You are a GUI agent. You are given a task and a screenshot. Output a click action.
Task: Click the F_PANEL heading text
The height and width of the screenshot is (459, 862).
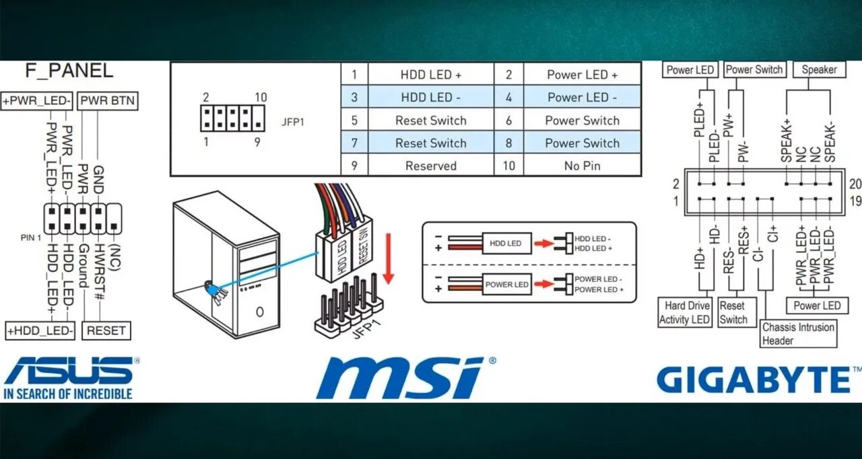[69, 71]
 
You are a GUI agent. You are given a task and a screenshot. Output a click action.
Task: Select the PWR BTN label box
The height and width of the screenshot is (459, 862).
[108, 102]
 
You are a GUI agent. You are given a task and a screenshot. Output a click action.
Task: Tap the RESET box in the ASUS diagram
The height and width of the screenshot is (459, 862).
[106, 330]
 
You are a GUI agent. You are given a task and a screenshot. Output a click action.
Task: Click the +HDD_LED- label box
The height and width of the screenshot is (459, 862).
[40, 330]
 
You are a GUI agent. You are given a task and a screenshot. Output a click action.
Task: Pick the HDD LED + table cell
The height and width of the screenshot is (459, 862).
[431, 75]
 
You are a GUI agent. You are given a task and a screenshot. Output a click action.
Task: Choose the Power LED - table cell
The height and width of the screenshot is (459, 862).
[582, 98]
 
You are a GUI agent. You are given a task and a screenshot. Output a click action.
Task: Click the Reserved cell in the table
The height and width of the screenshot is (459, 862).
[431, 166]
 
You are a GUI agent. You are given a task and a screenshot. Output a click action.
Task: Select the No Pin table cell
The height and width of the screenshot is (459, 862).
[582, 166]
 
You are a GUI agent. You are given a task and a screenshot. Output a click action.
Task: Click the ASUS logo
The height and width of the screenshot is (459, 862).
[69, 377]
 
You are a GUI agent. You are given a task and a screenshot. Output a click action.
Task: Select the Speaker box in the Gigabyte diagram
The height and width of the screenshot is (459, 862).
[819, 69]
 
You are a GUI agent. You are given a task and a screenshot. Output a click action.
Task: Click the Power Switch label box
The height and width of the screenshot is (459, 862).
[754, 69]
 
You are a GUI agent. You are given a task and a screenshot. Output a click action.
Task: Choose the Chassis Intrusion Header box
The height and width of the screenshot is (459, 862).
[798, 334]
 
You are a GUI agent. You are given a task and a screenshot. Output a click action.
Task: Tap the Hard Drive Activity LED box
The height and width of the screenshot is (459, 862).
[685, 313]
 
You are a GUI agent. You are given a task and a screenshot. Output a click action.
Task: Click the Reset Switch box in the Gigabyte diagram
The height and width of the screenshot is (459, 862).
[733, 313]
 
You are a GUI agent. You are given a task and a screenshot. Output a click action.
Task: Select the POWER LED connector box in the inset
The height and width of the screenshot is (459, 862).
[507, 284]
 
